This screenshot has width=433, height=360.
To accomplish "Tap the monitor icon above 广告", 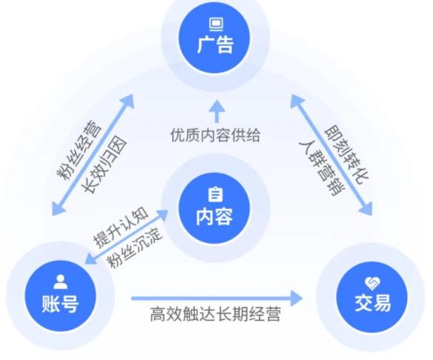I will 215,23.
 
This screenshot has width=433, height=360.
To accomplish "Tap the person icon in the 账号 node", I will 60,281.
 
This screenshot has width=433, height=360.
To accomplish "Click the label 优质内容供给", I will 215,136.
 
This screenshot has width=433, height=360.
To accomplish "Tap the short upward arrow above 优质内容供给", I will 215,111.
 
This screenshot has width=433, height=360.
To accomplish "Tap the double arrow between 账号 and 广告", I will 94,153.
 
